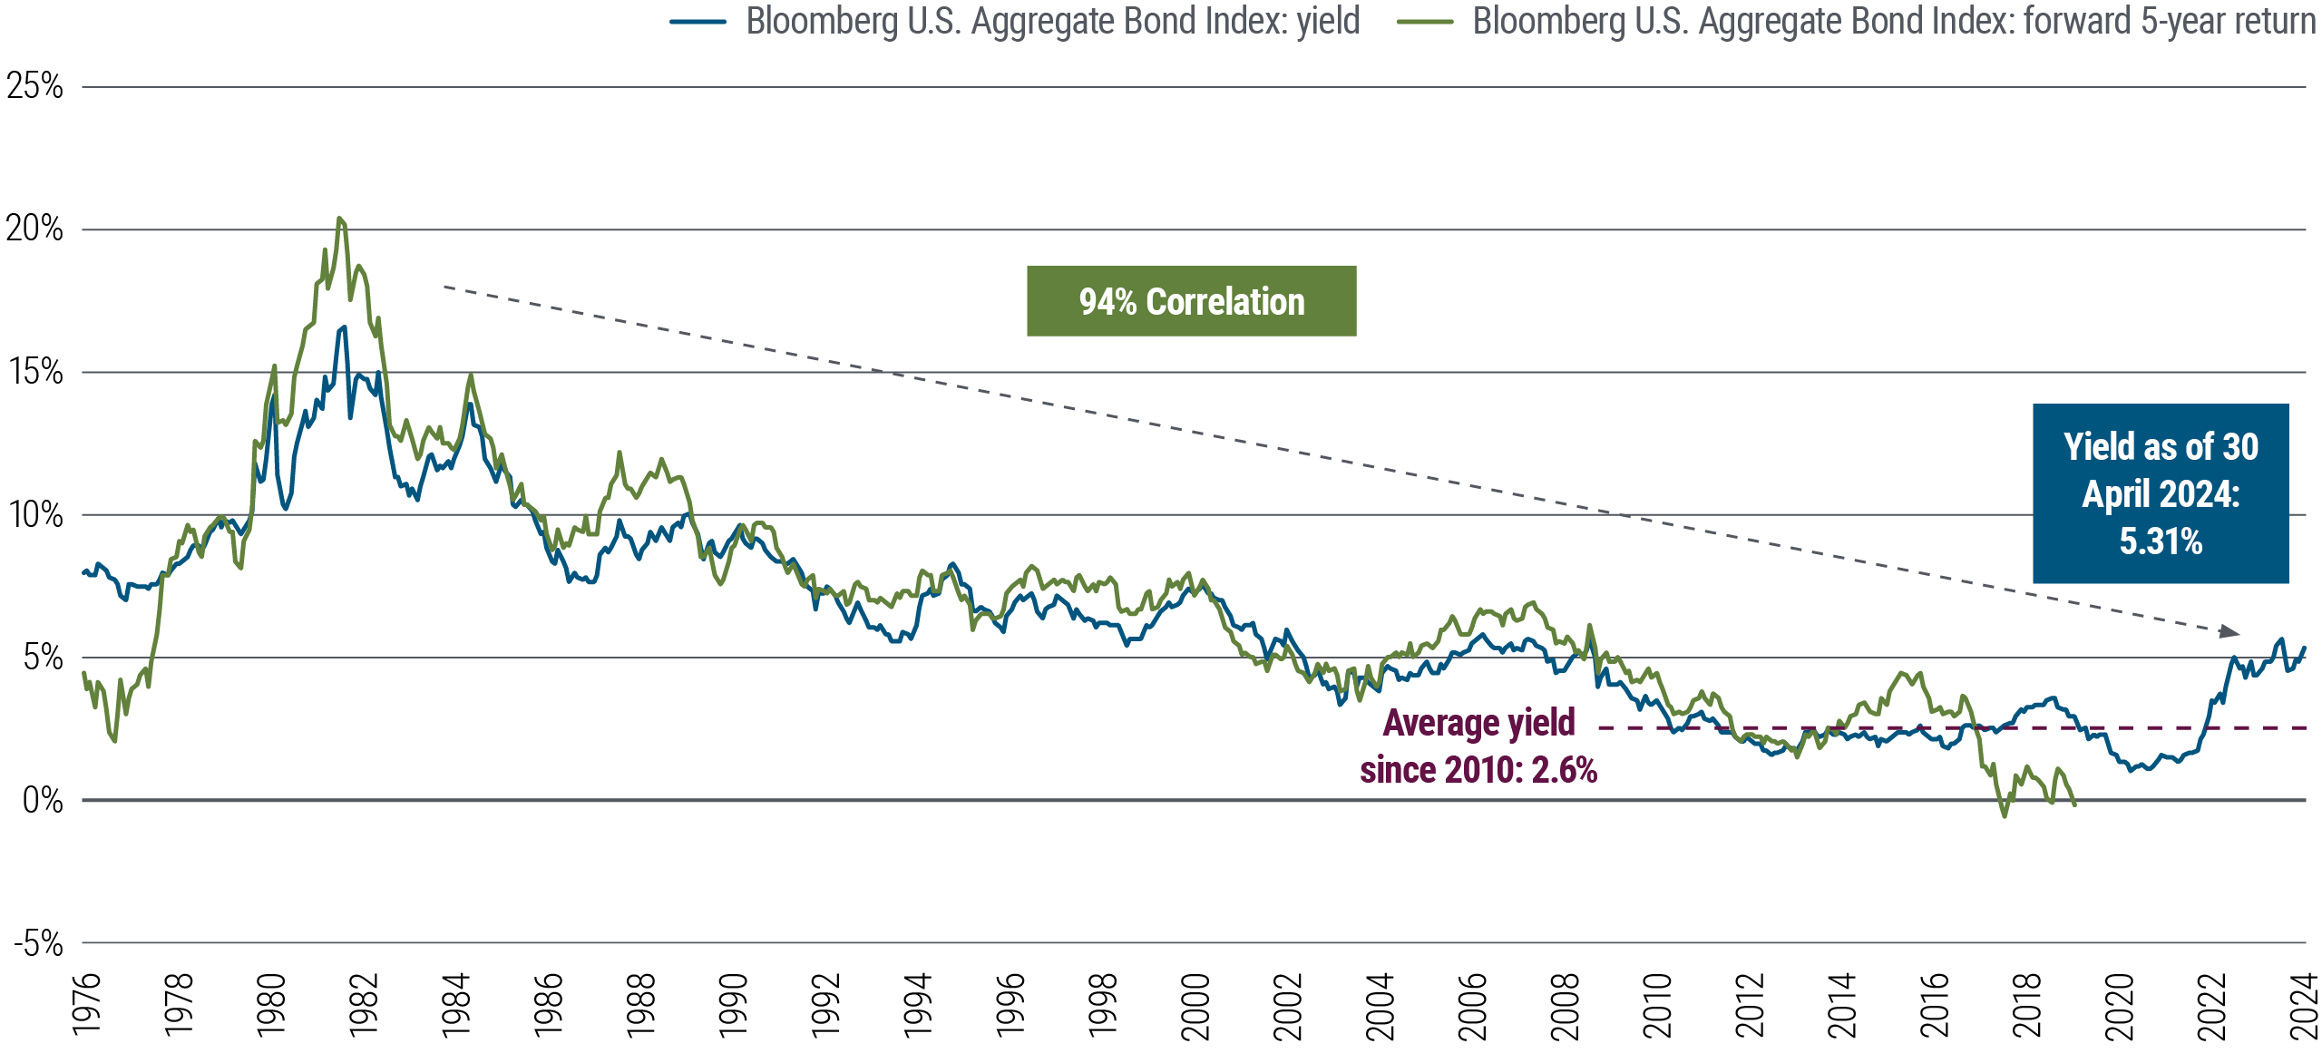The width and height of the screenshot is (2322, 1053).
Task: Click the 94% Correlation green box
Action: (1191, 301)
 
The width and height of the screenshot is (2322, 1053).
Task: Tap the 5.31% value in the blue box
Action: (2160, 541)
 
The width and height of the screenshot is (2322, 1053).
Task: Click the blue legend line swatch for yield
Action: (698, 22)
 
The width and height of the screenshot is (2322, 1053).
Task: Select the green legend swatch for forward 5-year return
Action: (1425, 22)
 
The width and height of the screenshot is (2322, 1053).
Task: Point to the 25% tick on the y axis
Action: (34, 87)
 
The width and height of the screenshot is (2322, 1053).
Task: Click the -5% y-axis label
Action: (38, 944)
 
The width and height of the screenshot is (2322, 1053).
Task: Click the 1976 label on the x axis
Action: (86, 1005)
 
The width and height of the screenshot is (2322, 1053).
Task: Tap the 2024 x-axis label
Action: (2304, 1005)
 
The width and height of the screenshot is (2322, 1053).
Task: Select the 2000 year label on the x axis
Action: (1195, 1005)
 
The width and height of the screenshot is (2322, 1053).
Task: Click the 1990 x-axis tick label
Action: (733, 1005)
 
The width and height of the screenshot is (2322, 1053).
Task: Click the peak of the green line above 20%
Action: (339, 219)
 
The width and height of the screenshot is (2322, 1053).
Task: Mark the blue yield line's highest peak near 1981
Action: (345, 327)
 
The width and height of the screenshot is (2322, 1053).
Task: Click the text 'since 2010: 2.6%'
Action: (1478, 770)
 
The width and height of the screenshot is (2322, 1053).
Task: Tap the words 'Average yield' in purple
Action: (1478, 723)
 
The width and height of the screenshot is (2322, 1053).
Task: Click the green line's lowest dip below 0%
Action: (2005, 815)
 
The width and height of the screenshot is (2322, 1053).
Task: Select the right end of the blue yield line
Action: (2305, 648)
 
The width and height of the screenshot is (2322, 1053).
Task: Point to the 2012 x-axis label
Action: (1750, 1005)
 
